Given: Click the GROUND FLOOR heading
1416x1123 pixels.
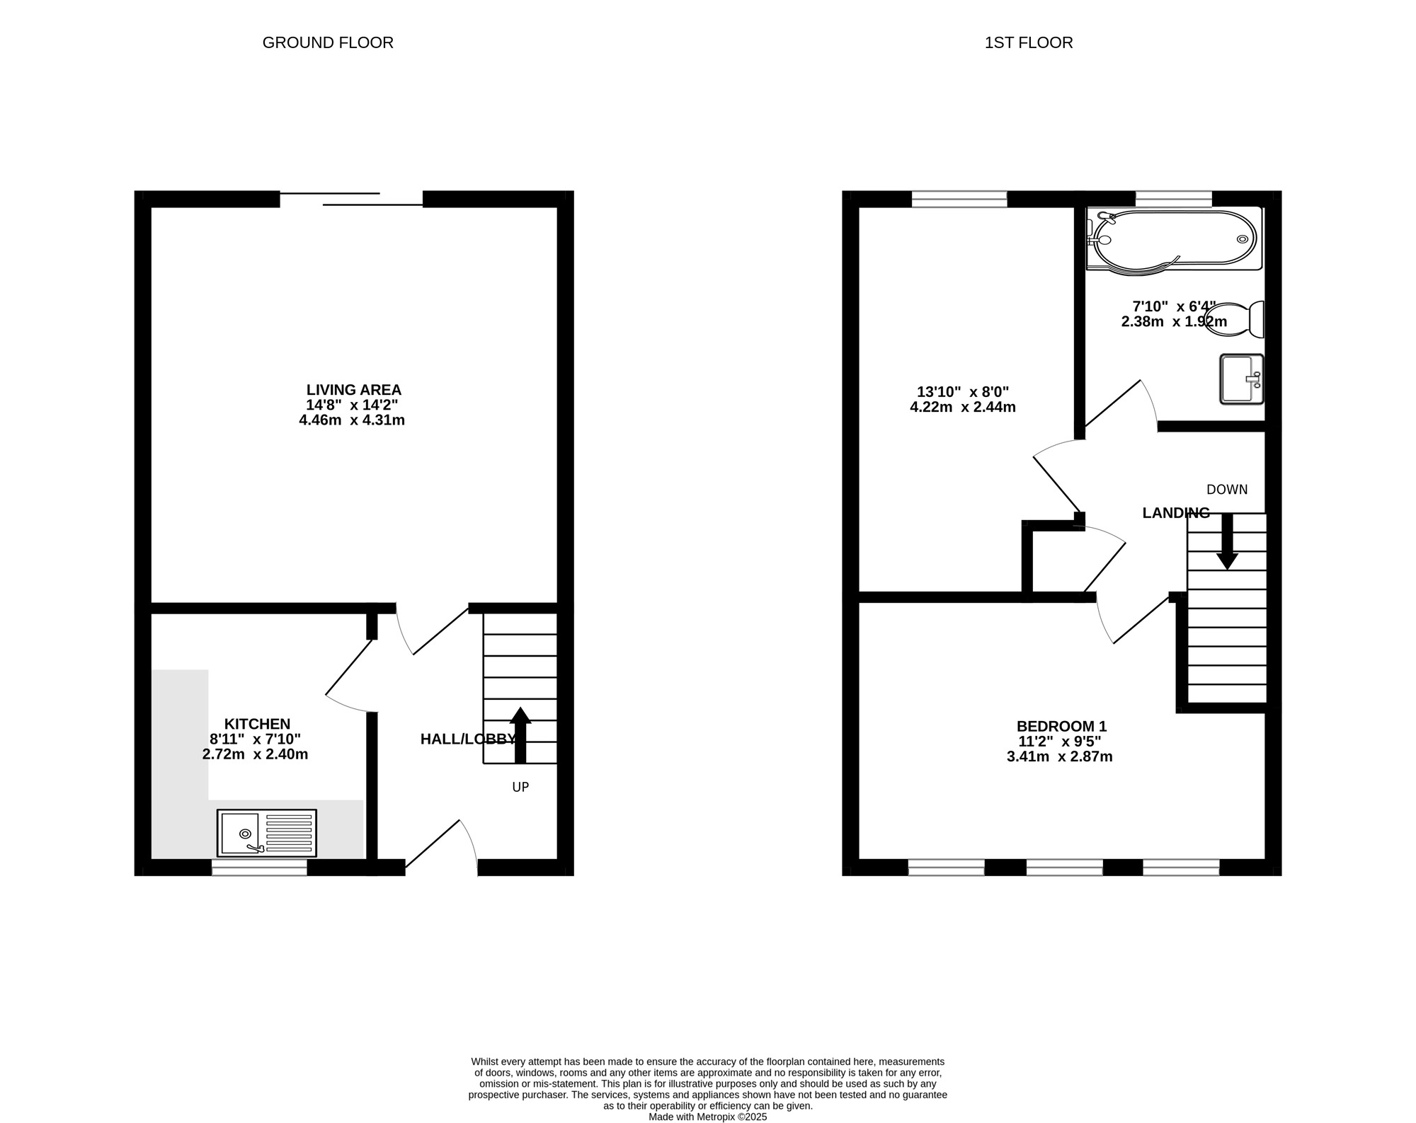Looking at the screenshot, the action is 328,42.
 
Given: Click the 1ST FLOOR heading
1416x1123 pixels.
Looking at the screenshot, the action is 1029,42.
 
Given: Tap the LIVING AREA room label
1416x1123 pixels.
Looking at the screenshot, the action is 354,390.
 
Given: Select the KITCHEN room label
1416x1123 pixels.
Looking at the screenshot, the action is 257,724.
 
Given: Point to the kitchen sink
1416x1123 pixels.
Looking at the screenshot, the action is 267,833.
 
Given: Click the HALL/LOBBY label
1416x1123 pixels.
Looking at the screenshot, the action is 468,739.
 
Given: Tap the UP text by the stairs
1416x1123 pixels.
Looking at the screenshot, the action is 520,787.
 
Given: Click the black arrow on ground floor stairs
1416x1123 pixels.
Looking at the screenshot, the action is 520,735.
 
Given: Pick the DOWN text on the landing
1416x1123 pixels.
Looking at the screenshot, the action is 1227,490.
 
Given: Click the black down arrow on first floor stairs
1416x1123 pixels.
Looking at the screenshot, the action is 1227,541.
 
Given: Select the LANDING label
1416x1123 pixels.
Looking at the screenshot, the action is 1176,513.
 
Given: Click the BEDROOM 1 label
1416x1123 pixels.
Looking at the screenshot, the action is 1061,726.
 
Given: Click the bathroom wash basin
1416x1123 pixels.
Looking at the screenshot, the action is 1242,379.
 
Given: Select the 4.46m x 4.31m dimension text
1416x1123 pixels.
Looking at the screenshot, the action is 352,420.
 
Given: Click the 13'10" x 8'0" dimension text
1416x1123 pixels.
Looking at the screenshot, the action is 963,392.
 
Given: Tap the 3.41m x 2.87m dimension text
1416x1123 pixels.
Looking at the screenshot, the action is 1060,756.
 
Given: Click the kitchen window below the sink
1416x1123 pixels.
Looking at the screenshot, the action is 259,868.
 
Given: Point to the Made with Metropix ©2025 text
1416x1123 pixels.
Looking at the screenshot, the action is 708,1117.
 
